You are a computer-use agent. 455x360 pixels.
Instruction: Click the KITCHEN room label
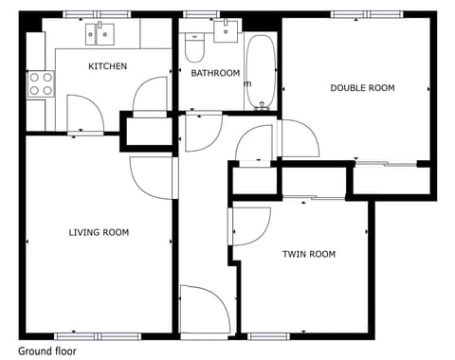107,66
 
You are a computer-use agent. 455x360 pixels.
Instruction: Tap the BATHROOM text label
215,73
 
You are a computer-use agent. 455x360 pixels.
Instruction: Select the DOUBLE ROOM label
362,88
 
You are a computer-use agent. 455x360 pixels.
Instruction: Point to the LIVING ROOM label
99,232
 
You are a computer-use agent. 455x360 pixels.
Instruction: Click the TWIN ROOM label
309,254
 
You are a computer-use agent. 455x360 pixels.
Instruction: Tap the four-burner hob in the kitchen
40,83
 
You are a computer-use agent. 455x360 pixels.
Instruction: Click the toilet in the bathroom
194,45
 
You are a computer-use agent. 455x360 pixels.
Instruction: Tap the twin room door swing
248,225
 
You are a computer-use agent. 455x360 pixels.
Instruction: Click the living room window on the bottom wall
98,335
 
